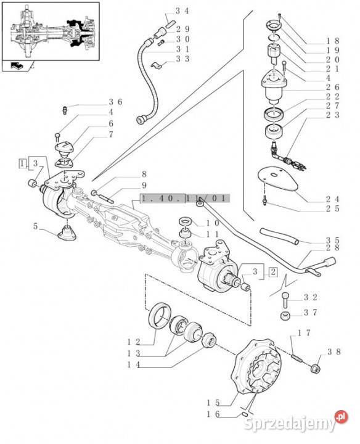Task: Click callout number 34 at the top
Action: pos(182,11)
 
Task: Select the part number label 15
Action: pos(213,403)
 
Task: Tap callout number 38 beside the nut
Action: pos(334,352)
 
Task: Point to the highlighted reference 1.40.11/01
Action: pos(185,198)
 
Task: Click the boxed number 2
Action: pos(273,272)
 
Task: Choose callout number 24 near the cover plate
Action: pos(332,199)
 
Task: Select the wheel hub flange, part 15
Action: pos(256,368)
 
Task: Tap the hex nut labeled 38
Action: pos(315,369)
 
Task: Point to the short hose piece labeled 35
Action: pos(279,236)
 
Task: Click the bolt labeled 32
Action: pos(285,300)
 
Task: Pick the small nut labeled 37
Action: pos(285,316)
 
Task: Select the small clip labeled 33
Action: pos(156,66)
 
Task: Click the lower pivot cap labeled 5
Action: pos(67,233)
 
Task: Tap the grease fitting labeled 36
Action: pos(65,110)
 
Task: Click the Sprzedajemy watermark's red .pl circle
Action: pos(341,417)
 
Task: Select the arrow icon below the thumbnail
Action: pos(17,66)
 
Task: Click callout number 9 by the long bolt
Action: pos(144,186)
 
